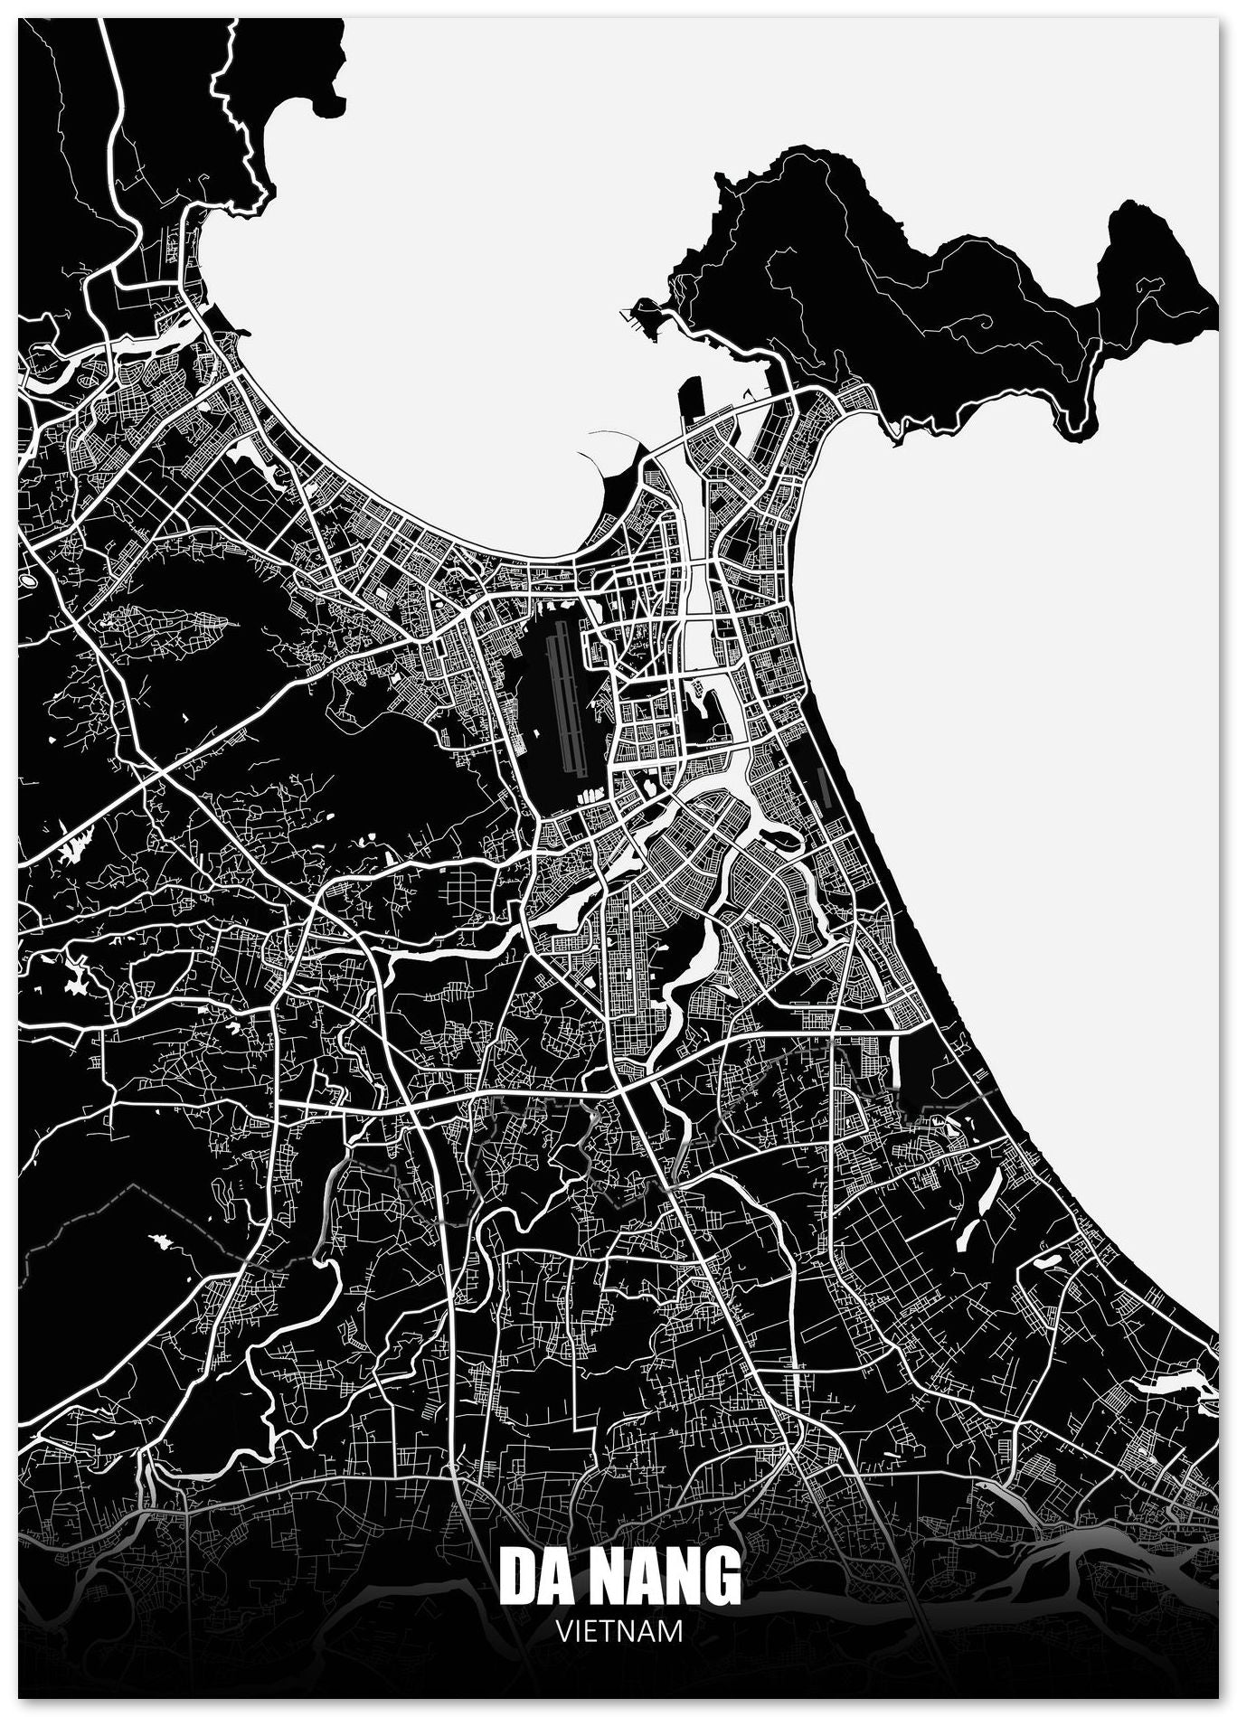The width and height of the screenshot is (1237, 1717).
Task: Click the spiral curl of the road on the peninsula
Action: tap(984, 322)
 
